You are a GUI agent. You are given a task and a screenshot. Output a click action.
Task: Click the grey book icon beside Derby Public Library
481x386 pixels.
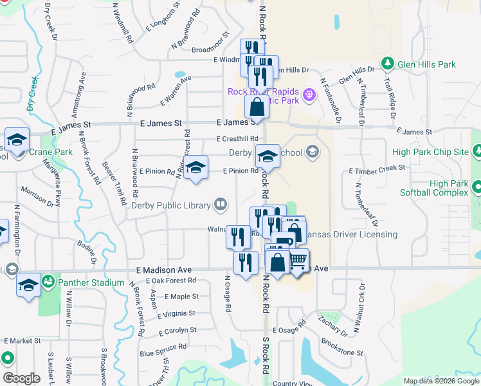[221, 205]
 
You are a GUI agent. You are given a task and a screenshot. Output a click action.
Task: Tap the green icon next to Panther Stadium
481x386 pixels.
[48, 282]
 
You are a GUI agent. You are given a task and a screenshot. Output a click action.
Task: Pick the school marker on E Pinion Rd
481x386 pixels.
[196, 167]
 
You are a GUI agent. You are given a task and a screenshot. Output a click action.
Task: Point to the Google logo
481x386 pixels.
[21, 378]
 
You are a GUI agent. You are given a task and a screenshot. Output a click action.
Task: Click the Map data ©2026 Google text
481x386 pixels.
[440, 381]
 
